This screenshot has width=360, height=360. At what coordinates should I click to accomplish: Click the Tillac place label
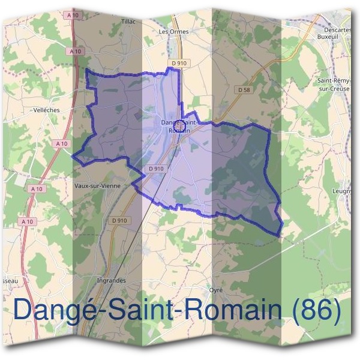(129, 22)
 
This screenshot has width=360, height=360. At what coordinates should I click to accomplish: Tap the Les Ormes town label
(173, 31)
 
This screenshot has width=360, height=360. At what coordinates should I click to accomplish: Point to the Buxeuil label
(328, 36)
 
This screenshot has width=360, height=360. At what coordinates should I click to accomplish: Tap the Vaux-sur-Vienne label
(97, 186)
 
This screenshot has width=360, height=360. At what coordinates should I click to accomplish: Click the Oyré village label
(216, 290)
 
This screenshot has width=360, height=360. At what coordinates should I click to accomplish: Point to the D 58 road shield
(243, 89)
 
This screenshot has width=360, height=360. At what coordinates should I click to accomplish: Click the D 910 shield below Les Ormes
(179, 62)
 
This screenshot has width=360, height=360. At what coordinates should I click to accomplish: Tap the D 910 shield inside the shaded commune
(155, 169)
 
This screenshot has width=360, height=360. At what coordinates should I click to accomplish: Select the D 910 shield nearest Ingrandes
(119, 220)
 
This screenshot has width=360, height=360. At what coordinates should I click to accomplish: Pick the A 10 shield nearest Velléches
(61, 143)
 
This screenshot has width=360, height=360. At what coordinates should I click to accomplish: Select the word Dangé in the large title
(52, 310)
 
